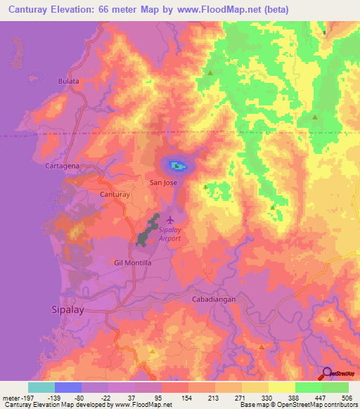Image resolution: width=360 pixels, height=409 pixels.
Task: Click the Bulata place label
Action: pos(68,82)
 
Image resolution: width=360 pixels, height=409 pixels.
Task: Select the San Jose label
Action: pos(163,183)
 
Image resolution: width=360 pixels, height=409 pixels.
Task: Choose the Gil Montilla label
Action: pos(132,262)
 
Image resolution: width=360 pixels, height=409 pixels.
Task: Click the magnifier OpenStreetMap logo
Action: pos(327,372)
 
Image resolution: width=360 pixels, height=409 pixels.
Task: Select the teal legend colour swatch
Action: pos(41,387)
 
